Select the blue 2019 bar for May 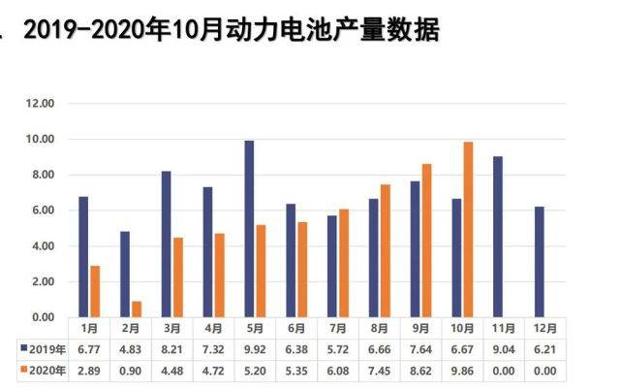click(249, 229)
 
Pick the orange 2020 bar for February click(137, 309)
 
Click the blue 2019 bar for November click(498, 237)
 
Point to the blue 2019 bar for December click(540, 262)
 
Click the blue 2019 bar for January click(83, 257)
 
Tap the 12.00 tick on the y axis click(40, 104)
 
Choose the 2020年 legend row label click(44, 370)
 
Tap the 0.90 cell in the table click(130, 370)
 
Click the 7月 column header click(338, 327)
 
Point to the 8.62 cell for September click(420, 370)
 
